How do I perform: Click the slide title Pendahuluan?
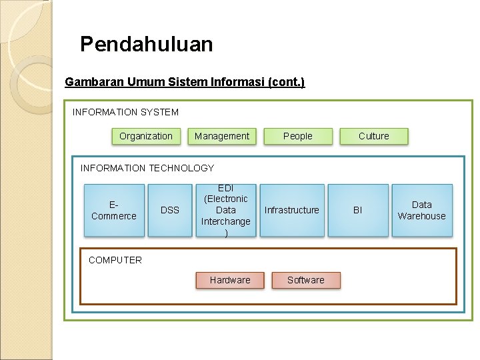point(147,44)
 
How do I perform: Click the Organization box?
point(145,136)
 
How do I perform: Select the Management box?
point(222,136)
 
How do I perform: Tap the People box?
point(297,136)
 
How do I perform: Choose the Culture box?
point(373,136)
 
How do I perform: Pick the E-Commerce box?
point(114,210)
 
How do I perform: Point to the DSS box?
point(170,210)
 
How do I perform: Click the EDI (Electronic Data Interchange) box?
point(226,210)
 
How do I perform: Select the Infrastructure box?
point(292,210)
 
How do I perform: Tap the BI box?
point(357,210)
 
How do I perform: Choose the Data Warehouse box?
point(421,210)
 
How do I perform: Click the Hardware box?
point(230,280)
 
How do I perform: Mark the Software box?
point(306,280)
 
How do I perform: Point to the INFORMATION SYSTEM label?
point(125,112)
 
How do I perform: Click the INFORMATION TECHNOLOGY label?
point(147,168)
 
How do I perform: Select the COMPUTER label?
point(115,260)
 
